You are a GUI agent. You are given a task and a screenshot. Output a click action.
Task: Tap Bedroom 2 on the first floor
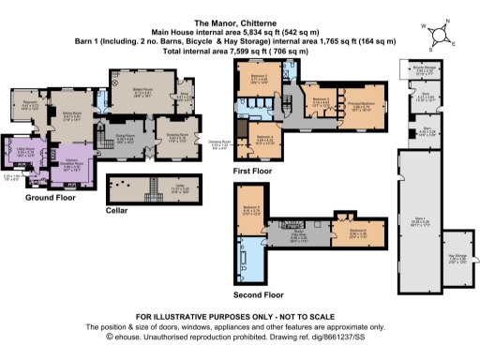point(260,79)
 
